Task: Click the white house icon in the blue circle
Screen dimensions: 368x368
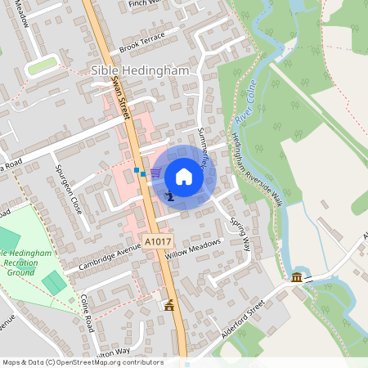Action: (x=184, y=177)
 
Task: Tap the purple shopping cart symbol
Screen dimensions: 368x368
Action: (x=155, y=173)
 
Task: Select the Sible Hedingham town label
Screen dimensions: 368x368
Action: (x=140, y=71)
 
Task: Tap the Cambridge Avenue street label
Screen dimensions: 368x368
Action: (x=105, y=258)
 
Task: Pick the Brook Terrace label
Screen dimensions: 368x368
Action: (x=141, y=43)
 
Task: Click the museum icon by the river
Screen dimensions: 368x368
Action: (x=295, y=280)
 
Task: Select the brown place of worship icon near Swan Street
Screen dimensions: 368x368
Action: (x=169, y=306)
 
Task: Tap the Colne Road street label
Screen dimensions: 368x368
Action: (x=88, y=313)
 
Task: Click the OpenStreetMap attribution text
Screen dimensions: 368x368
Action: (x=82, y=361)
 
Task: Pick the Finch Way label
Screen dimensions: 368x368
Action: (x=146, y=4)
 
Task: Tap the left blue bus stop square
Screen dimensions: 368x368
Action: (x=137, y=170)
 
